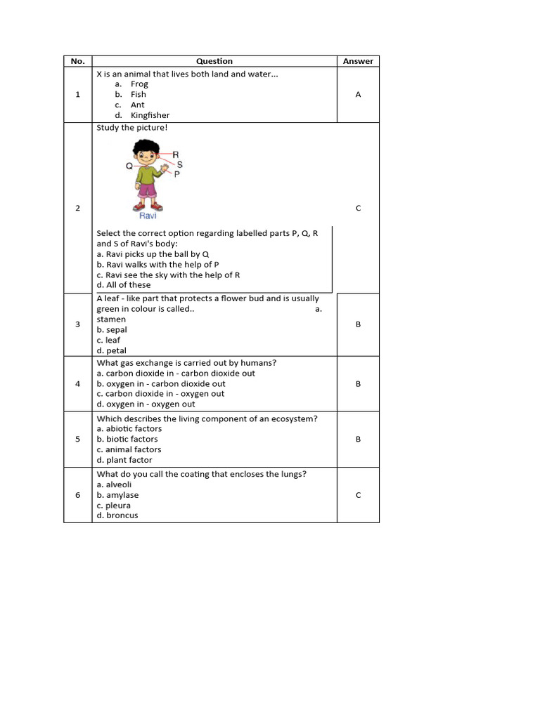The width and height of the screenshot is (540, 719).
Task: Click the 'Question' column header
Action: coord(214,61)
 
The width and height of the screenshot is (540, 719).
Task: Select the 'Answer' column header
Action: coord(358,61)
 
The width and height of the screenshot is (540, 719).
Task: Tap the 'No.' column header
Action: coord(77,61)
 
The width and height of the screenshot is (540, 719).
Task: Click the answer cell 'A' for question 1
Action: coord(358,94)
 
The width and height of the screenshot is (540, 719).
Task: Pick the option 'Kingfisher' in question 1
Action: coord(150,115)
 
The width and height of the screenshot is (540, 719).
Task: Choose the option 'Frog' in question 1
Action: coord(139,84)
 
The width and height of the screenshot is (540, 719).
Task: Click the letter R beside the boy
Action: coord(175,154)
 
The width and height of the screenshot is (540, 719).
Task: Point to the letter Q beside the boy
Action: coord(129,166)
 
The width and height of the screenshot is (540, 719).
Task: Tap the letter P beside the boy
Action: coord(176,173)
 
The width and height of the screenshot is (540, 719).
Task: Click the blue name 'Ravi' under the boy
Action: coord(147,216)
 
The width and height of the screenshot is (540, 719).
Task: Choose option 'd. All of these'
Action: coord(124,285)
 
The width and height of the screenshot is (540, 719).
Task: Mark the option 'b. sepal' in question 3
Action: coord(112,329)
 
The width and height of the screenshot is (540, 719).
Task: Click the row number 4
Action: coord(77,384)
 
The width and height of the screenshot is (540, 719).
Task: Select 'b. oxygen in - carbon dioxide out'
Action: coord(161,384)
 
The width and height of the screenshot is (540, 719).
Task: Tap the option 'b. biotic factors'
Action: coord(127,439)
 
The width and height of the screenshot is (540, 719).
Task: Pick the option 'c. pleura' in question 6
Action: coord(114,505)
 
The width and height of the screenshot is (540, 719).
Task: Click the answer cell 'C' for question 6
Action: coord(358,495)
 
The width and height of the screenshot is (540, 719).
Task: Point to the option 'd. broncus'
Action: coord(117,515)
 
